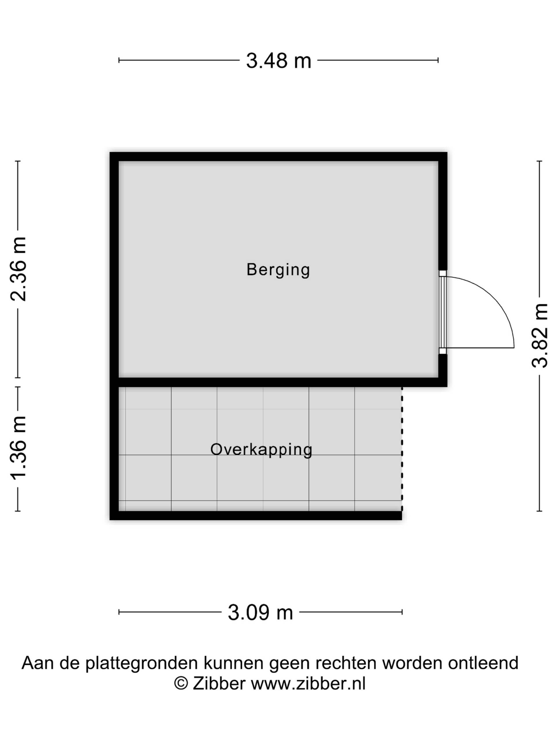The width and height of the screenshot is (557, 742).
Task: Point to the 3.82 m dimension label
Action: point(540,335)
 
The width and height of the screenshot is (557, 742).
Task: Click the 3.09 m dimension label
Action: point(260,612)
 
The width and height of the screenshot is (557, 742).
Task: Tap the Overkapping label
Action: point(261,450)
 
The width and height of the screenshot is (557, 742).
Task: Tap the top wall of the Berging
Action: point(278,157)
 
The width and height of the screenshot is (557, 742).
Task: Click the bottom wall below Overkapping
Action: point(256,516)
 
